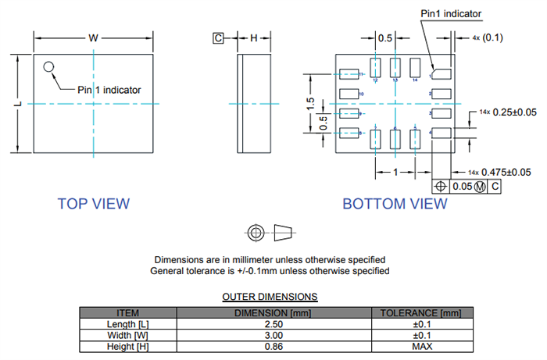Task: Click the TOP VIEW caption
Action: click(94, 204)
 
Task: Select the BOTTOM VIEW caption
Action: click(395, 204)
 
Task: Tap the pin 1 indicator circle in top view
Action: click(49, 67)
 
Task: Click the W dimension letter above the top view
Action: click(93, 37)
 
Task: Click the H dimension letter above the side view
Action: click(253, 37)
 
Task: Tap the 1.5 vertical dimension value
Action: click(310, 103)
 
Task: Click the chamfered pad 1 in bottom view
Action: click(442, 74)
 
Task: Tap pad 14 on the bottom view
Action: click(415, 67)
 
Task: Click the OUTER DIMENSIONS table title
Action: click(270, 297)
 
